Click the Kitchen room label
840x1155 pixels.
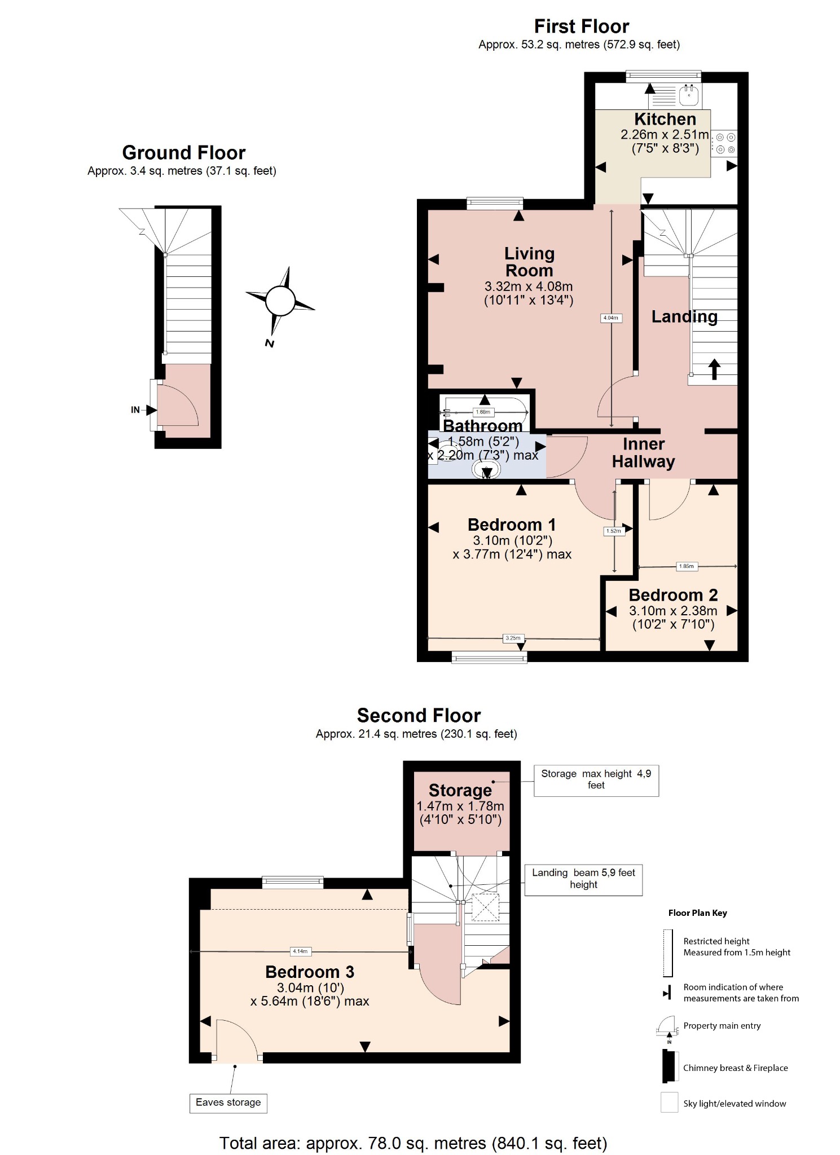click(665, 119)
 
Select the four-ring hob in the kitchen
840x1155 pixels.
click(725, 143)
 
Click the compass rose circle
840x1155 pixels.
click(280, 301)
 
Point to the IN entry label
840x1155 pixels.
click(135, 410)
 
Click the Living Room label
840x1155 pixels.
click(529, 262)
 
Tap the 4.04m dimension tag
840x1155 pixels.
click(611, 318)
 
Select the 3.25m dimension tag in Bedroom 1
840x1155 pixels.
click(513, 638)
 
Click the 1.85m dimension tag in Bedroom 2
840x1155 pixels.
click(687, 566)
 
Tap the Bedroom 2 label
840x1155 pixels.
click(673, 596)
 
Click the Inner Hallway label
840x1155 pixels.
click(643, 453)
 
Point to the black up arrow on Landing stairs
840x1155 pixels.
click(714, 369)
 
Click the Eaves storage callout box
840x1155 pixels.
click(228, 1103)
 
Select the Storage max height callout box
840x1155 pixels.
click(596, 780)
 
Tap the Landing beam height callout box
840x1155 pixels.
click(583, 879)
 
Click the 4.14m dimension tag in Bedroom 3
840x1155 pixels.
click(300, 951)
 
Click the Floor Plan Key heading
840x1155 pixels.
click(697, 913)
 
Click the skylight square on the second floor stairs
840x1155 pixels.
click(485, 907)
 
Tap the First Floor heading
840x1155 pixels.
click(581, 27)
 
